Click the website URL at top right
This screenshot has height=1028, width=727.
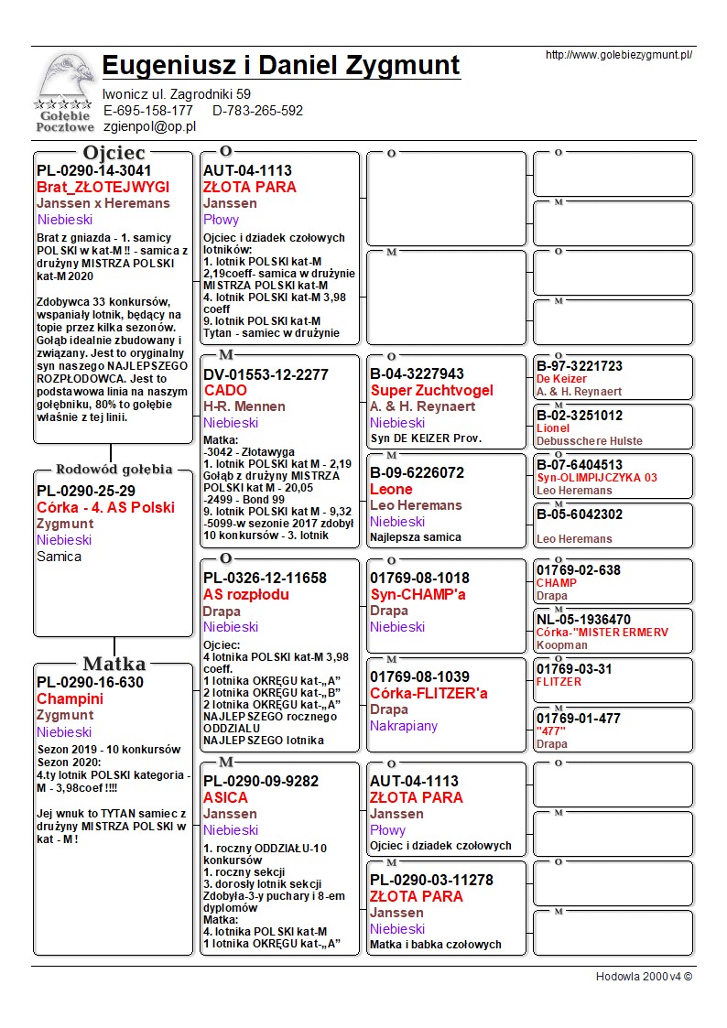coord(618,55)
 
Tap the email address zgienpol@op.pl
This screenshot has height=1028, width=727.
coord(149,127)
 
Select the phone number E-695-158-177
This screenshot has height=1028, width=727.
coord(148,111)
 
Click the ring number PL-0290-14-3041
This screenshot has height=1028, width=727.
coord(93,170)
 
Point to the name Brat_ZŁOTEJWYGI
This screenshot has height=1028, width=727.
coord(103,187)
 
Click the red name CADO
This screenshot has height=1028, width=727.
coord(225,390)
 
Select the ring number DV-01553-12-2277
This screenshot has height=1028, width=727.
coord(266,374)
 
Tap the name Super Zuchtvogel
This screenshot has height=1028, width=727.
coord(431,390)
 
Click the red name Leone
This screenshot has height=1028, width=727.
coord(391,489)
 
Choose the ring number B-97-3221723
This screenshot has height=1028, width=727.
coord(580,366)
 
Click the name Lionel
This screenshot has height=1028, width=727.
coord(553,427)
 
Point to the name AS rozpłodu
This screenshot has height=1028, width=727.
coord(246,594)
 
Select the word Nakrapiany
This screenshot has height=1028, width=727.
coord(404,726)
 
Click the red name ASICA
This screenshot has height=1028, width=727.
coord(225,797)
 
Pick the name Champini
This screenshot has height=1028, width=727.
coord(70,698)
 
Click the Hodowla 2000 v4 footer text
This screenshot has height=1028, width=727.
coord(644,976)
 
